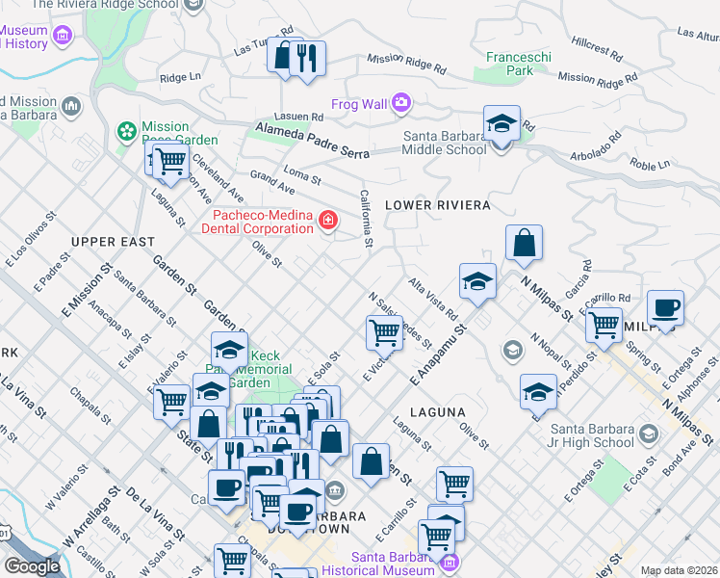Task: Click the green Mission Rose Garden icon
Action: point(125,130)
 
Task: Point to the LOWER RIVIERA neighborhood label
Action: point(438,205)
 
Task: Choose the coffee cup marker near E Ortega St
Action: point(665,310)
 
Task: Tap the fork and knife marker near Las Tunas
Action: point(307,58)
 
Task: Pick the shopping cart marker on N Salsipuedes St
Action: point(384,333)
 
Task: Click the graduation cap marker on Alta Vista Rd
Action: point(477,282)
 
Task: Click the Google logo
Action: point(32,566)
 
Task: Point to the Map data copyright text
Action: point(680,570)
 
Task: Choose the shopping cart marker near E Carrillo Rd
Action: point(604,326)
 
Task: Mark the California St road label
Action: point(366,219)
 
